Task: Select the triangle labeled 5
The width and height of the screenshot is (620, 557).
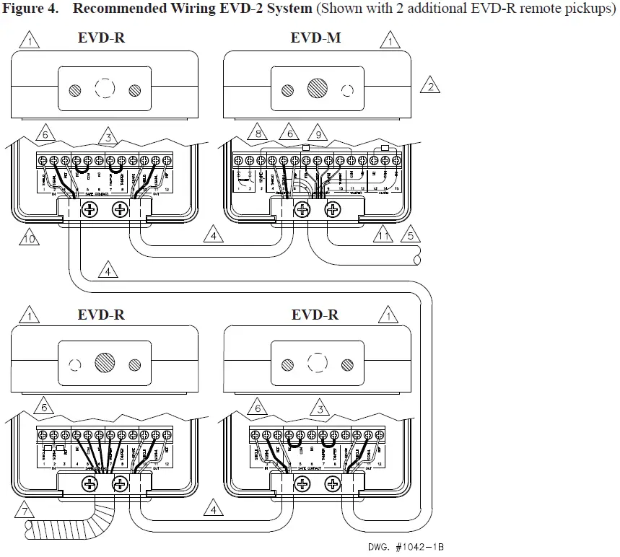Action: (409, 235)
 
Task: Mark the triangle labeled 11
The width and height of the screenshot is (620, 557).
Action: (383, 235)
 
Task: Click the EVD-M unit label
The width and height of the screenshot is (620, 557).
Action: (315, 38)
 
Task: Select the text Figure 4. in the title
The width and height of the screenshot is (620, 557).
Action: (33, 9)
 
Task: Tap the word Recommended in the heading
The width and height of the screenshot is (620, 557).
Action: (114, 9)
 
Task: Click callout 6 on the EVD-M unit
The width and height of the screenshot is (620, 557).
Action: (287, 133)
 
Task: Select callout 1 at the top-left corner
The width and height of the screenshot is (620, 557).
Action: (30, 40)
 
